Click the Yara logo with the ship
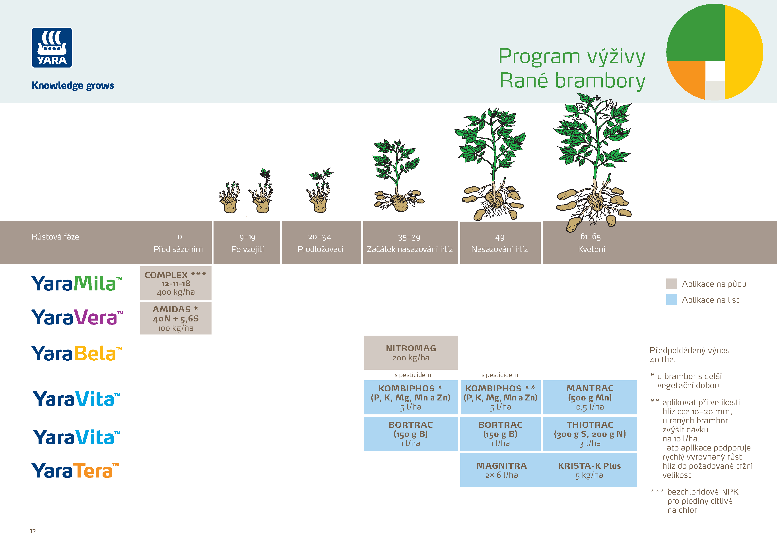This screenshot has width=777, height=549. click(52, 48)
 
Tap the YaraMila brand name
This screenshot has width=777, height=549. click(76, 283)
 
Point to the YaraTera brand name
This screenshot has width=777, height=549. click(75, 470)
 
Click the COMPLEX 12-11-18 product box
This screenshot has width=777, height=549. click(176, 283)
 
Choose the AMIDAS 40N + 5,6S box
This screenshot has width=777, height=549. click(176, 318)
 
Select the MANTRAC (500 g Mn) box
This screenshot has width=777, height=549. click(590, 397)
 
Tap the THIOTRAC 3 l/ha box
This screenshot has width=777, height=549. click(590, 434)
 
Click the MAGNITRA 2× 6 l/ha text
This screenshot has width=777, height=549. click(501, 470)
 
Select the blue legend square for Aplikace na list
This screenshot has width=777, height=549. click(671, 299)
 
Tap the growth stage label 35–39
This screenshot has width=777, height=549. click(409, 238)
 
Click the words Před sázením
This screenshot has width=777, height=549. click(178, 249)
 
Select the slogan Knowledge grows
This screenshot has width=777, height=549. click(73, 85)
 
